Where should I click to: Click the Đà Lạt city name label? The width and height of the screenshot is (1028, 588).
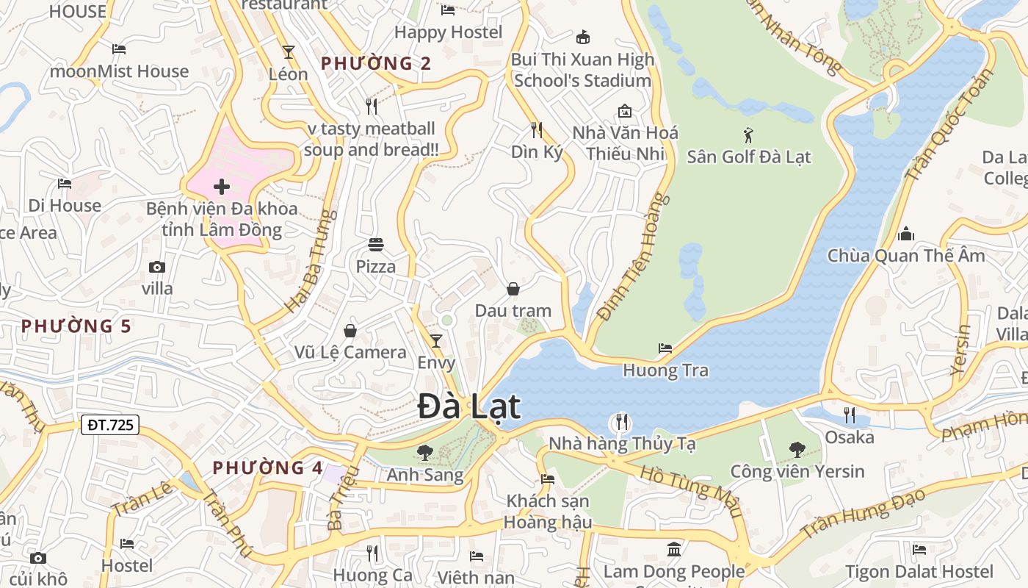(x=469, y=407)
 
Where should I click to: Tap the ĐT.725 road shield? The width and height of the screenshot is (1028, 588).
(x=110, y=424)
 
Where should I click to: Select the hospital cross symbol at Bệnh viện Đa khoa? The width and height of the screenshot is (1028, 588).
(x=222, y=187)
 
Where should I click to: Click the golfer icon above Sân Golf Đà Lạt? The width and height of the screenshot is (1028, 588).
(x=748, y=135)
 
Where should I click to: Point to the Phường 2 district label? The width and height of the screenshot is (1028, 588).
(x=376, y=63)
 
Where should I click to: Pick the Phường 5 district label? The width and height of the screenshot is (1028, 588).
(x=76, y=326)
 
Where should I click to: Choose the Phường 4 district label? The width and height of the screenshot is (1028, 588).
(x=268, y=467)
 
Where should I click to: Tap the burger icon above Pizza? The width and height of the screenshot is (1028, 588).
(x=376, y=244)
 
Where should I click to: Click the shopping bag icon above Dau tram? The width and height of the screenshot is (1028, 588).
(x=513, y=289)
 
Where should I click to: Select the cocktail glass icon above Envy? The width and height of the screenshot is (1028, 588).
(x=436, y=340)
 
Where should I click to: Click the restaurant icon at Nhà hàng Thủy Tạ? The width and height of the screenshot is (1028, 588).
(x=621, y=422)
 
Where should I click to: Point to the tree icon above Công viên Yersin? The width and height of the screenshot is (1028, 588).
(x=797, y=449)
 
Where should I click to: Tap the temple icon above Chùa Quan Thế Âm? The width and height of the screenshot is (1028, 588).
(x=906, y=234)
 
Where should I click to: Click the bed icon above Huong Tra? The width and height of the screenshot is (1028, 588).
(x=665, y=348)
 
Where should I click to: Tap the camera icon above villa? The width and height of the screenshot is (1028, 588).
(x=157, y=267)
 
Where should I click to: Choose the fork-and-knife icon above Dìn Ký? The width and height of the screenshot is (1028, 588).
(x=537, y=130)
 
